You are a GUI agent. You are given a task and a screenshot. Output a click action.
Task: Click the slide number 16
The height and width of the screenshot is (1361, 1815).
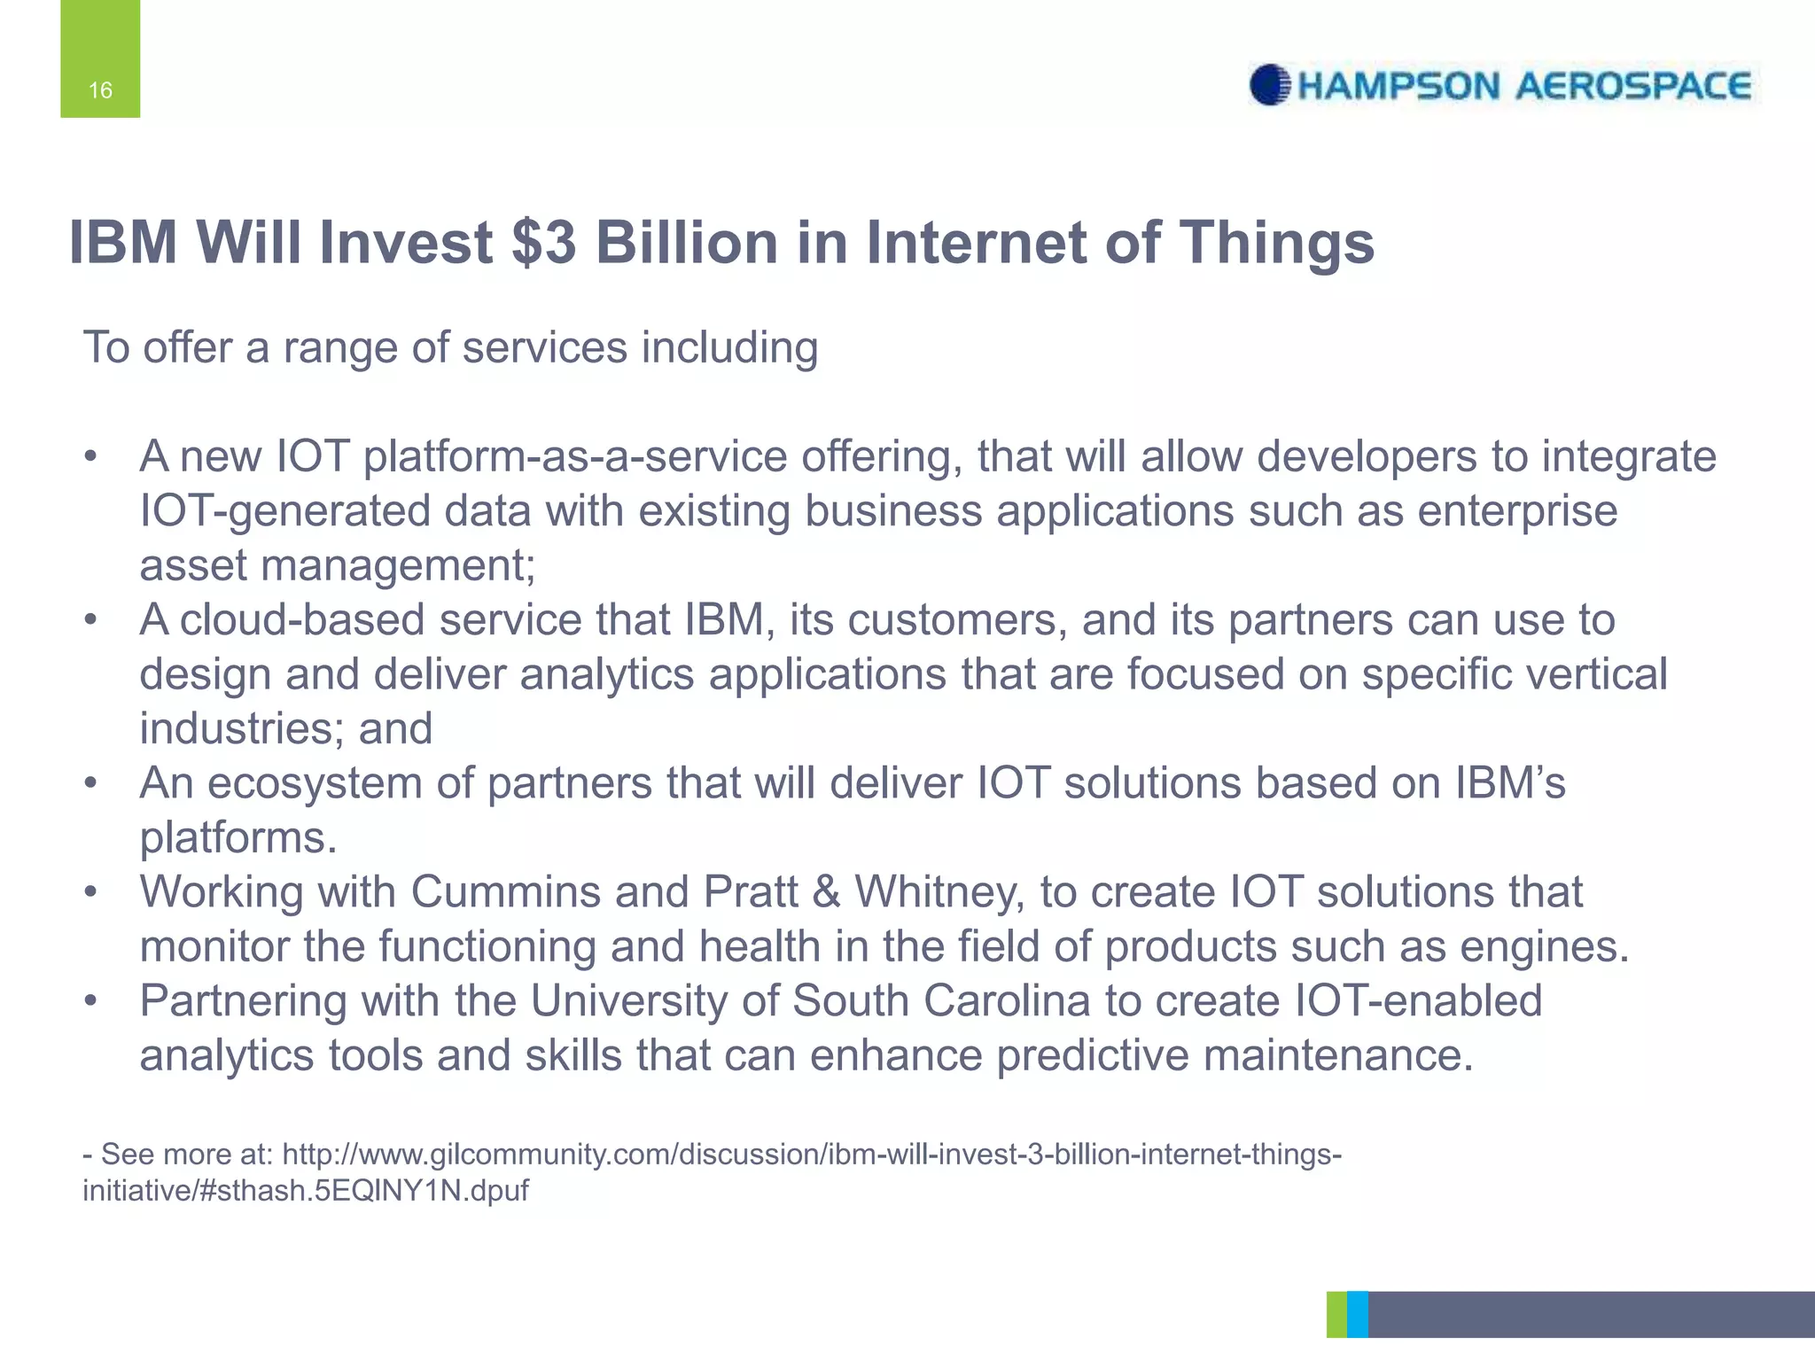pyautogui.click(x=100, y=90)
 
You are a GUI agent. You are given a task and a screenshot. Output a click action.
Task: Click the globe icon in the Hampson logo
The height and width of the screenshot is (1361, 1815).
pyautogui.click(x=1270, y=86)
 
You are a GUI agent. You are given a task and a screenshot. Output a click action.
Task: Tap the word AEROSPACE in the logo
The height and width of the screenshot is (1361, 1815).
pyautogui.click(x=1632, y=86)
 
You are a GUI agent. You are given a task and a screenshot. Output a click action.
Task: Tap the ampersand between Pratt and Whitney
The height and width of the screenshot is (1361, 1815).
pyautogui.click(x=826, y=892)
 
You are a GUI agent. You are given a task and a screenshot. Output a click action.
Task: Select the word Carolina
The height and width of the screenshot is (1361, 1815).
pyautogui.click(x=1007, y=1001)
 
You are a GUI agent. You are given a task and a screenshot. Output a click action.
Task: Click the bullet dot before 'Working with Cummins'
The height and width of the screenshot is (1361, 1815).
pyautogui.click(x=90, y=892)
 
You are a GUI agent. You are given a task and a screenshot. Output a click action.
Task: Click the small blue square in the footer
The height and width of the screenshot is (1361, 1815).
pyautogui.click(x=1357, y=1314)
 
